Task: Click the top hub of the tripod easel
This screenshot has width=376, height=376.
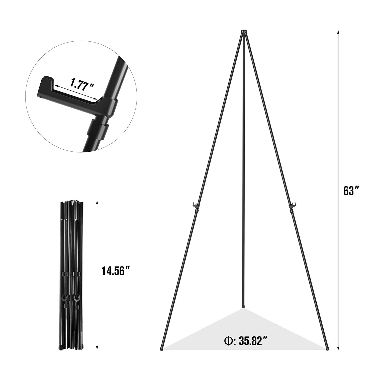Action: pyautogui.click(x=244, y=32)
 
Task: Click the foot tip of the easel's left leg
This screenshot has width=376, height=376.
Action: pyautogui.click(x=161, y=348)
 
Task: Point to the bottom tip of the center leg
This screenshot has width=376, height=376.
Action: pyautogui.click(x=243, y=306)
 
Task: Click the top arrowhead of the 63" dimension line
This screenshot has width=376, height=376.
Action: pyautogui.click(x=338, y=32)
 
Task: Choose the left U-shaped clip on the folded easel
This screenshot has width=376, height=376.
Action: pyautogui.click(x=64, y=298)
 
